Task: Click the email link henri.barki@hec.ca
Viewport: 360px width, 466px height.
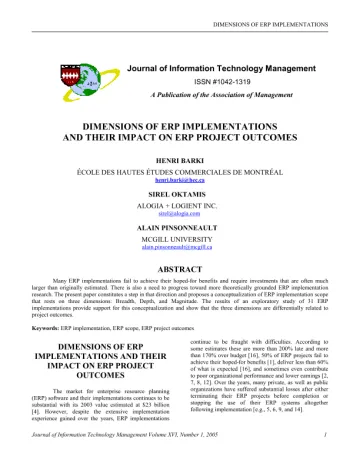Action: click(180, 176)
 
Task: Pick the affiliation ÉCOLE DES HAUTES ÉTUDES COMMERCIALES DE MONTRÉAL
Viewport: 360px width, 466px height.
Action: click(180, 168)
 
